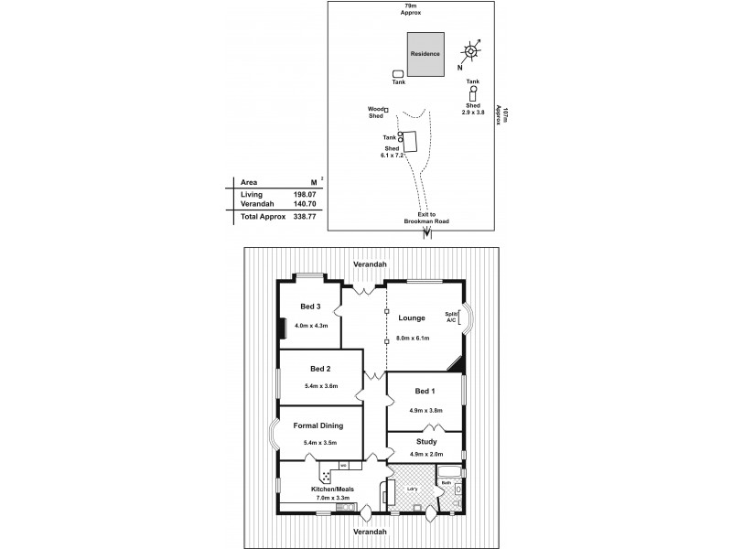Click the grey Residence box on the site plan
click(426, 55)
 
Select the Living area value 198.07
click(304, 195)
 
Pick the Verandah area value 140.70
click(304, 206)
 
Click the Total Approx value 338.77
click(304, 218)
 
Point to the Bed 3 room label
click(310, 307)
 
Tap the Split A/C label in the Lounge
click(451, 317)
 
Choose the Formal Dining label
click(318, 425)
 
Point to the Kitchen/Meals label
click(330, 489)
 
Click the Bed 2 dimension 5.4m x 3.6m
click(321, 385)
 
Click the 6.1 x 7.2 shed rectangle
click(410, 143)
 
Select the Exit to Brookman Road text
click(425, 218)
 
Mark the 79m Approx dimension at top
click(412, 10)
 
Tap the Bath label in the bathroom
click(447, 482)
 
